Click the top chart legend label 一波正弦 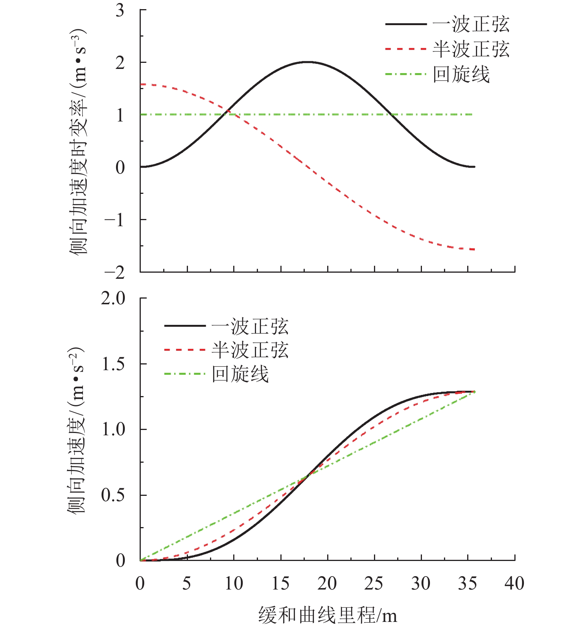point(471,25)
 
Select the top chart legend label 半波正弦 point(471,50)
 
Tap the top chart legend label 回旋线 point(461,74)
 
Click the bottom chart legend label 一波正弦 point(250,326)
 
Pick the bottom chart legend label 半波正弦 point(250,350)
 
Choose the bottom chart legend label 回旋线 point(240,374)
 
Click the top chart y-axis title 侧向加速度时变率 point(78,141)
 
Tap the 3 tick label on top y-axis point(120,10)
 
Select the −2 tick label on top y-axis point(115,272)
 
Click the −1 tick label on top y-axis point(115,220)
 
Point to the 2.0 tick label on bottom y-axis point(113,299)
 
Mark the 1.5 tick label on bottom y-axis point(113,364)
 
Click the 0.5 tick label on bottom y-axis point(113,495)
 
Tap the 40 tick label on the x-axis point(514,583)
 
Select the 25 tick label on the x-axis point(374,583)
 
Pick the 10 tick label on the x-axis point(234,583)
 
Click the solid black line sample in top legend point(406,24)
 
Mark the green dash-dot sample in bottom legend point(185,374)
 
